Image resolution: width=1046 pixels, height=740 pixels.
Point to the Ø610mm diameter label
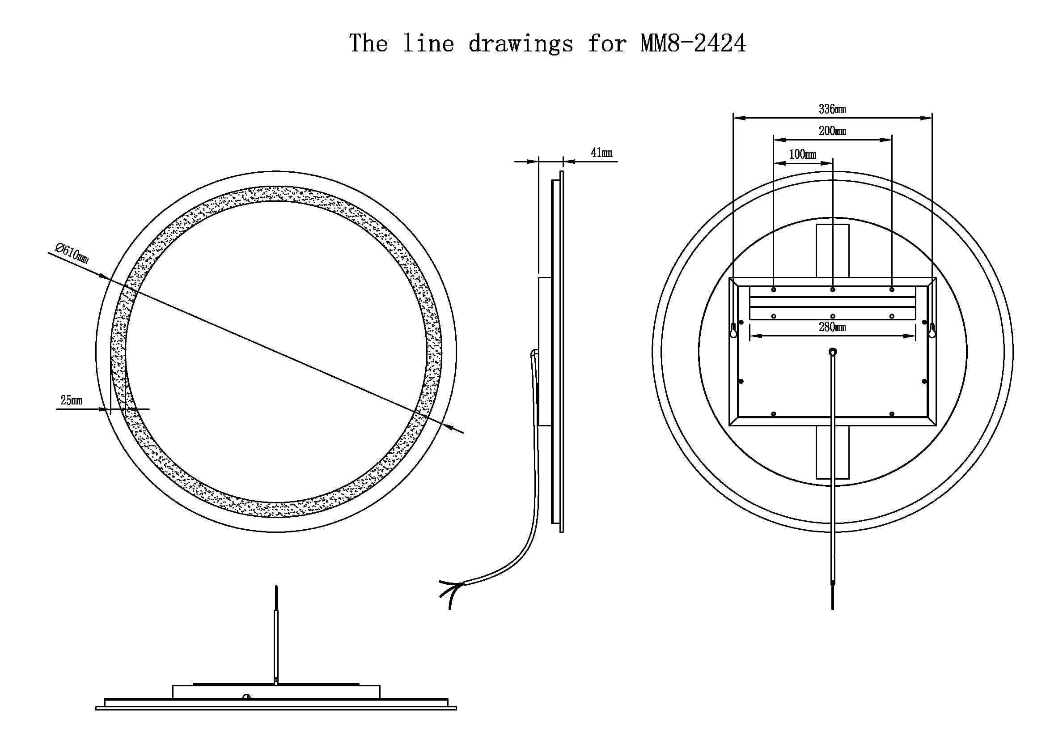click(72, 253)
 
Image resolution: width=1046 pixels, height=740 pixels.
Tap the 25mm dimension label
click(72, 400)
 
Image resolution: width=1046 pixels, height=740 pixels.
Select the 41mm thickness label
click(601, 153)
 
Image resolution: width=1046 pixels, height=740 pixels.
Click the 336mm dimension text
click(832, 109)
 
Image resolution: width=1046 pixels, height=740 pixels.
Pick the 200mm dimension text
click(832, 131)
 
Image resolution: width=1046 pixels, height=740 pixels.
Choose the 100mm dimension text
click(802, 154)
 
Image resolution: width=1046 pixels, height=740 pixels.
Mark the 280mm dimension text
click(832, 327)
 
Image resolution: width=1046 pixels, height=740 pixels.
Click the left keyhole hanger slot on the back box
click(733, 330)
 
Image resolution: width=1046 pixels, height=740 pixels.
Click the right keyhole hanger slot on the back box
click(932, 330)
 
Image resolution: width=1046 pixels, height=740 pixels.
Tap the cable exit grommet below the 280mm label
click(832, 352)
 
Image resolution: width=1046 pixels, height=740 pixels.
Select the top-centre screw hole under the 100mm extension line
click(833, 290)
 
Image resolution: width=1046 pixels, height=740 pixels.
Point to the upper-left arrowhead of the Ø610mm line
click(104, 276)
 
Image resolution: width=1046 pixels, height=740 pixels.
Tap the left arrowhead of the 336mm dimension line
click(739, 118)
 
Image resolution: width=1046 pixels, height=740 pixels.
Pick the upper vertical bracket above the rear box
click(832, 251)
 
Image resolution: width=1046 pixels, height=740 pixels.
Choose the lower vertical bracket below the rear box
click(832, 452)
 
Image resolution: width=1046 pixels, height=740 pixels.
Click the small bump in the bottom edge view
click(246, 696)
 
